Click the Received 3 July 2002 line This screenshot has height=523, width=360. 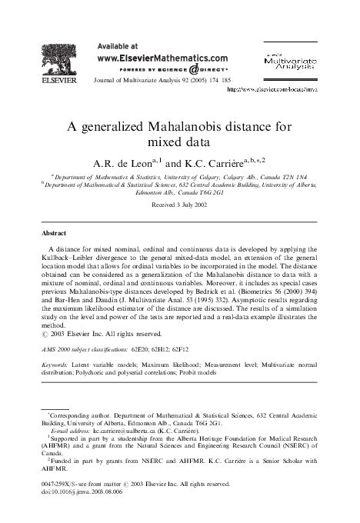(180, 206)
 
